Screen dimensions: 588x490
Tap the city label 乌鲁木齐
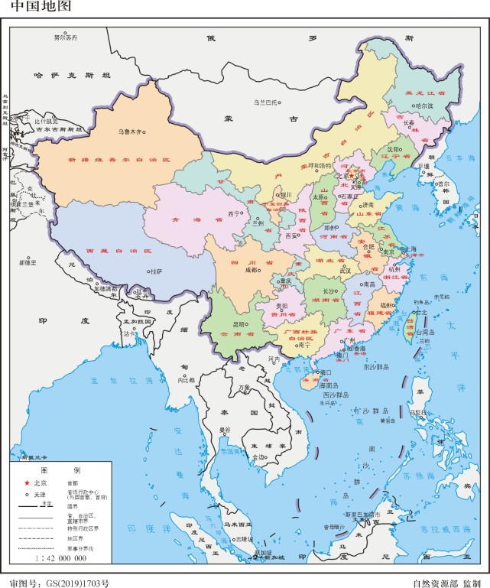pos(130,132)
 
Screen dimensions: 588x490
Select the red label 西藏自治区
pos(118,250)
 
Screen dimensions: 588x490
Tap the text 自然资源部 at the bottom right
pos(433,582)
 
